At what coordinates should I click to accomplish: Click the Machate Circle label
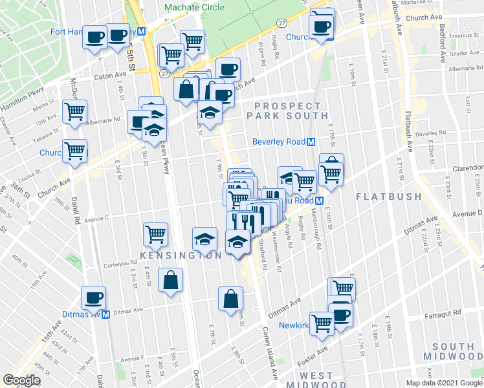pyautogui.click(x=194, y=7)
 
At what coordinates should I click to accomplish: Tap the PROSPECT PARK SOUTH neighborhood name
pyautogui.click(x=287, y=111)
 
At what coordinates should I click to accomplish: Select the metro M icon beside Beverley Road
pyautogui.click(x=311, y=142)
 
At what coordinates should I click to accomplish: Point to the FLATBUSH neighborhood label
pyautogui.click(x=386, y=195)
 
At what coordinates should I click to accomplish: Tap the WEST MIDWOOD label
pyautogui.click(x=316, y=380)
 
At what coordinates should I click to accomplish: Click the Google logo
pyautogui.click(x=21, y=380)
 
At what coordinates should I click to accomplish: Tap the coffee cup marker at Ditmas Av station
pyautogui.click(x=94, y=298)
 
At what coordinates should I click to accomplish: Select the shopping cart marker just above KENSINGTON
pyautogui.click(x=156, y=233)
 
